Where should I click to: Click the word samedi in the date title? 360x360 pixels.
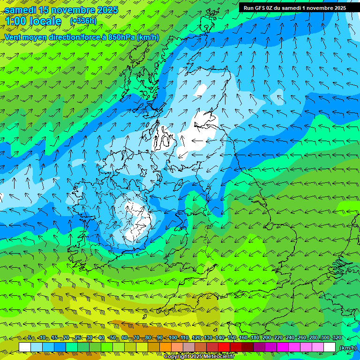[21, 10]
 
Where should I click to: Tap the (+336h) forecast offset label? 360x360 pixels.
[83, 21]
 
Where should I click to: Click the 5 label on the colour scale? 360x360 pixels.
[30, 337]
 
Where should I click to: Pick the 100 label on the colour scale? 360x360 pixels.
[173, 337]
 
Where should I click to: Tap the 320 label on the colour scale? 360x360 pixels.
[337, 337]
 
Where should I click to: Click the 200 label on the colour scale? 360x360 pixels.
[267, 337]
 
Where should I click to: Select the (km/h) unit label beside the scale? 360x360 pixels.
[348, 348]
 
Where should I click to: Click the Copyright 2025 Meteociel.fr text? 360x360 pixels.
[199, 357]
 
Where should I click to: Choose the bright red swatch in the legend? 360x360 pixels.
[225, 347]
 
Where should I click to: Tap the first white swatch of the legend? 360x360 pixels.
[25, 347]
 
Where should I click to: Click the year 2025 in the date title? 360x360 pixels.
[107, 10]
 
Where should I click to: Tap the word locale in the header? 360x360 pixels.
[45, 21]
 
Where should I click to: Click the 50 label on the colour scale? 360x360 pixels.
[112, 337]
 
